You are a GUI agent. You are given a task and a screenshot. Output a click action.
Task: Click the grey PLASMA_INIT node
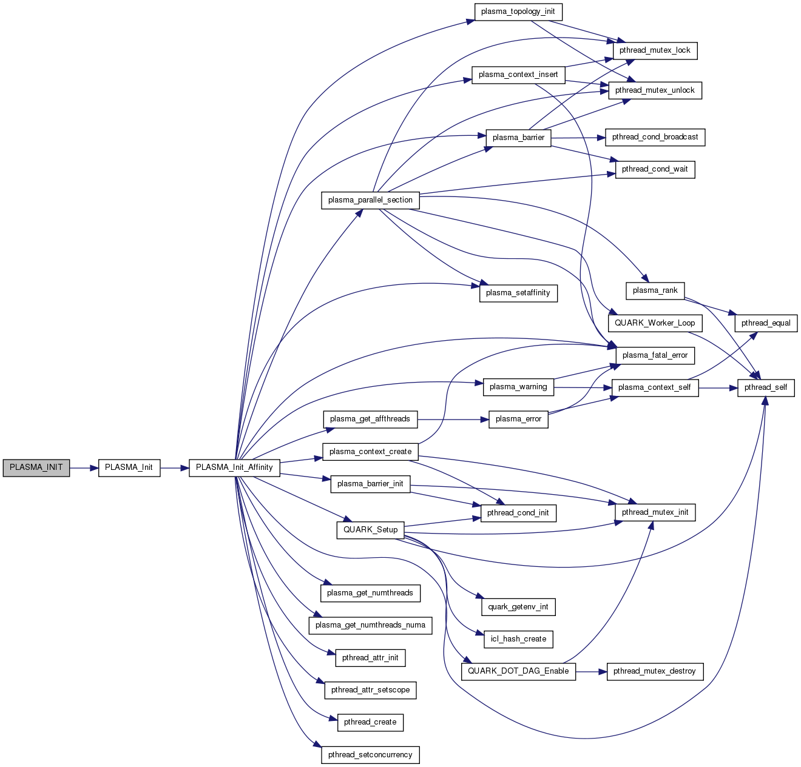36,468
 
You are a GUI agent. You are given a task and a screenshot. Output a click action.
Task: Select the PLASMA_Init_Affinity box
234,468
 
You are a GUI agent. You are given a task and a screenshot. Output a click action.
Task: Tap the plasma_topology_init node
518,12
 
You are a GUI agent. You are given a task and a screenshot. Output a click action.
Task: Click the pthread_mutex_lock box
655,51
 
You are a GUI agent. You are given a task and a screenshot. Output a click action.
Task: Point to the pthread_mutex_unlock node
655,91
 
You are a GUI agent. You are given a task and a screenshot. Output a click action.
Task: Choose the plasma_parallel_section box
370,201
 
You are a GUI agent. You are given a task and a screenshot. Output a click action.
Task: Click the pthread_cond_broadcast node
655,138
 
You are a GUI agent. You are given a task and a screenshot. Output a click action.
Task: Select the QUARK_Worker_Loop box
655,323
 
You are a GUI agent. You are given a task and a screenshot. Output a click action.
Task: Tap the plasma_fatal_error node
655,356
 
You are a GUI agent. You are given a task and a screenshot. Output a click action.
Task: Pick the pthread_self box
766,388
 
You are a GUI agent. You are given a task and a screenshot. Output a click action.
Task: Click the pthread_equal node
766,323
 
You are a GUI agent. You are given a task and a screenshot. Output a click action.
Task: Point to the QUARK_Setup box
370,530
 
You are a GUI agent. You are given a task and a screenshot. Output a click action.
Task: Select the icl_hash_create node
518,639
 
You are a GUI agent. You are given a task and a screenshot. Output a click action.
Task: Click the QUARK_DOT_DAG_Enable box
518,671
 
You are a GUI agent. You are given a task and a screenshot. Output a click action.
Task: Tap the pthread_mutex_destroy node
655,671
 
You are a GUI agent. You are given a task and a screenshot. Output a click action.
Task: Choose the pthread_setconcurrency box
370,755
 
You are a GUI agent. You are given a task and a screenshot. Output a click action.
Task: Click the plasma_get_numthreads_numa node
370,626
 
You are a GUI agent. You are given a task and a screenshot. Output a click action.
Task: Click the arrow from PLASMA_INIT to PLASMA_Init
84,468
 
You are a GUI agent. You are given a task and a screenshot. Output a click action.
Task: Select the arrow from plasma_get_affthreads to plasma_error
453,420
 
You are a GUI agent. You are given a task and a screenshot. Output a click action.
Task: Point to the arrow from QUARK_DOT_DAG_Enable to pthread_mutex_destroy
591,672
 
